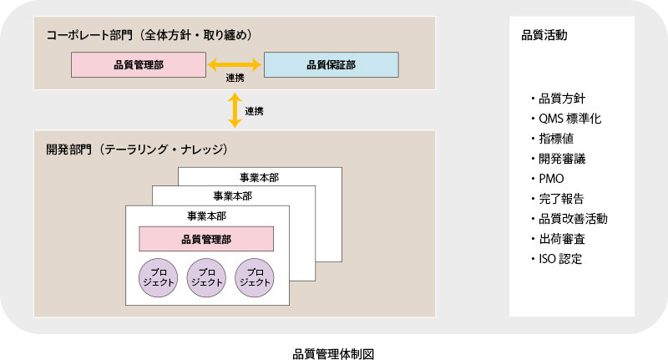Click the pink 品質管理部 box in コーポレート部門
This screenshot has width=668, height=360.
click(x=139, y=64)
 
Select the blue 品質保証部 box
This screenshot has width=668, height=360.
click(x=331, y=64)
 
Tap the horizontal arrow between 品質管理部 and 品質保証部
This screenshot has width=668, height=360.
click(x=235, y=63)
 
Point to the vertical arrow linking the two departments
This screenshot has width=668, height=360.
click(x=235, y=109)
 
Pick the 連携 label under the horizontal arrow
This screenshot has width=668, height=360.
click(x=235, y=79)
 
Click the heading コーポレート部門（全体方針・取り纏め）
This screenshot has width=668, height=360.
click(x=149, y=35)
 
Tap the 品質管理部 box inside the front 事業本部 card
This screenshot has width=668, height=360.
click(x=206, y=239)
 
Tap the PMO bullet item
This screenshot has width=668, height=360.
click(x=551, y=179)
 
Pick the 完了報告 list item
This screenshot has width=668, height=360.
click(x=560, y=199)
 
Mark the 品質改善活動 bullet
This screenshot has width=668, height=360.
click(x=569, y=219)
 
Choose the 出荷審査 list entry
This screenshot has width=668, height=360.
click(x=560, y=239)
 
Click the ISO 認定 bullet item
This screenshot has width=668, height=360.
click(x=559, y=259)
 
